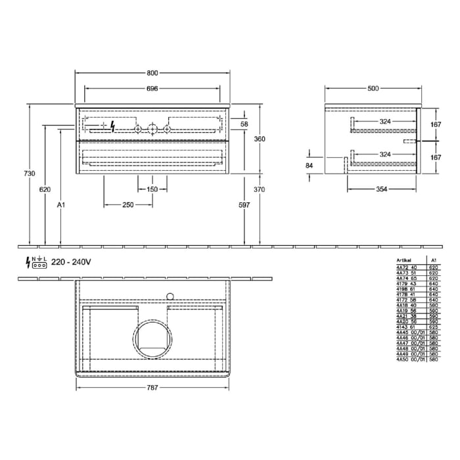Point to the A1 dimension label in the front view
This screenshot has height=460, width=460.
point(61,205)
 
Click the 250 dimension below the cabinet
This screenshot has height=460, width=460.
point(128,205)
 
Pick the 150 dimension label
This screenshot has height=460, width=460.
point(152,189)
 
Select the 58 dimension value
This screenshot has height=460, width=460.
point(244,124)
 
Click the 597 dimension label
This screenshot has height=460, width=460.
point(244,205)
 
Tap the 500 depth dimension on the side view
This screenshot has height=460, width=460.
point(373,87)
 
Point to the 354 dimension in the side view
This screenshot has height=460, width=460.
point(382,189)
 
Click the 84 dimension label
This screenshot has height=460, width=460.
point(310,166)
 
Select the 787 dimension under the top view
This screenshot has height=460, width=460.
point(152,388)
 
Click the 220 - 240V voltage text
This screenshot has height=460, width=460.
point(70,262)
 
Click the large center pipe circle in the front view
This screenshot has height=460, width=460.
point(152,129)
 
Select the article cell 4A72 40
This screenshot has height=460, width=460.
point(407,267)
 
